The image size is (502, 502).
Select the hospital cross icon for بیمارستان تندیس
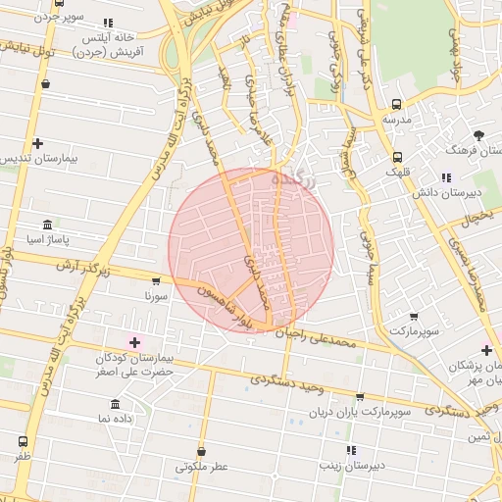37,143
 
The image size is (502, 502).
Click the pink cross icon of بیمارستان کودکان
135,342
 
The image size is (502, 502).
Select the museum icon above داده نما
117,404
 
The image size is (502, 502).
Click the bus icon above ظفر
23,442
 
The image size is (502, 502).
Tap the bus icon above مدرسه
396,104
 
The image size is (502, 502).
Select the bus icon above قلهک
396,157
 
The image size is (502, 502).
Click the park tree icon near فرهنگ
478,135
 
